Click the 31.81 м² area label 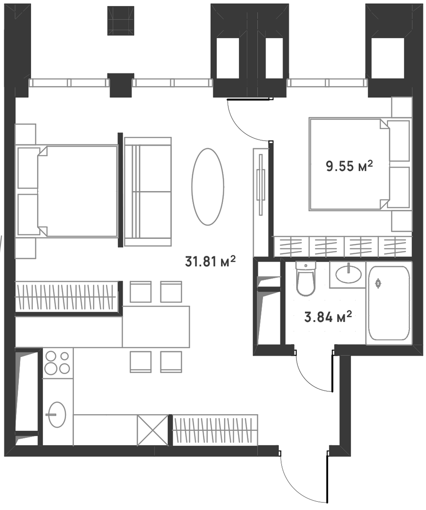(210, 261)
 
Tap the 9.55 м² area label (349, 166)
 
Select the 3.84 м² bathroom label (328, 316)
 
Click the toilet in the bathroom (305, 278)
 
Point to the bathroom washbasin (348, 274)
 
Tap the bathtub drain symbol (378, 283)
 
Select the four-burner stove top (57, 363)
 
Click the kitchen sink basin (57, 415)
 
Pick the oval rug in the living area (208, 187)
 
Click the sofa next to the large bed (148, 192)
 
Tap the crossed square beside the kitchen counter (153, 430)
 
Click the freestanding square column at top (121, 21)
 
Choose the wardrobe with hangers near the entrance (215, 430)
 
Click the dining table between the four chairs (156, 327)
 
